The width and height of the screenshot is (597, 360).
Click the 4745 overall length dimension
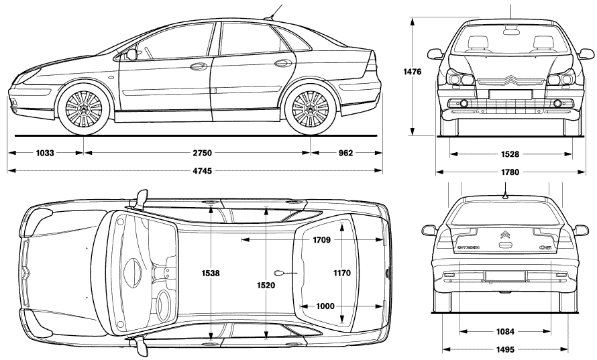pyautogui.click(x=202, y=171)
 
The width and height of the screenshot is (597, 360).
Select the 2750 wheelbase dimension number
pyautogui.click(x=202, y=153)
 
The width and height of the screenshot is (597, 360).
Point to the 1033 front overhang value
pyautogui.click(x=45, y=153)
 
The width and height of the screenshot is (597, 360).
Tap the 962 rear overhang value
pyautogui.click(x=345, y=153)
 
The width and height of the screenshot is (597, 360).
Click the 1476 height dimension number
pyautogui.click(x=413, y=72)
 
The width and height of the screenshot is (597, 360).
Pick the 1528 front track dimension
pyautogui.click(x=510, y=154)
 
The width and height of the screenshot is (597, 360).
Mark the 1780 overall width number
pyautogui.click(x=510, y=172)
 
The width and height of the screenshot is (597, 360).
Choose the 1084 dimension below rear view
pyautogui.click(x=505, y=332)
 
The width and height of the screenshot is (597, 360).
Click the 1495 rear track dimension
pyautogui.click(x=505, y=350)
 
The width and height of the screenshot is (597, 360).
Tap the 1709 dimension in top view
pyautogui.click(x=322, y=240)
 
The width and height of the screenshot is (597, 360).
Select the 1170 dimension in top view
pyautogui.click(x=342, y=273)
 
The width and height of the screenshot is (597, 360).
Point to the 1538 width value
pyautogui.click(x=211, y=274)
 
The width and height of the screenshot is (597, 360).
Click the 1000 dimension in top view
pyautogui.click(x=325, y=306)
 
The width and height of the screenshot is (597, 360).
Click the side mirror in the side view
pyautogui.click(x=131, y=54)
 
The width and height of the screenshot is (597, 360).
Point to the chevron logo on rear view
pyautogui.click(x=505, y=235)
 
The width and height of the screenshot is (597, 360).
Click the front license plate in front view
pyautogui.click(x=510, y=95)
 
